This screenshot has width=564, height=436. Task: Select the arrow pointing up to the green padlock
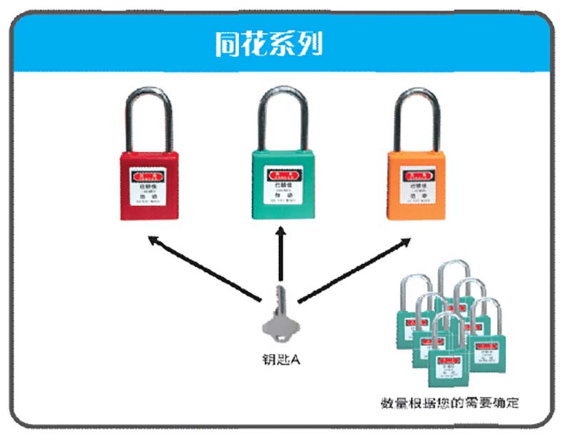coord(280,253)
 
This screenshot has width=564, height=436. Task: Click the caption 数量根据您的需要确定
coord(450,404)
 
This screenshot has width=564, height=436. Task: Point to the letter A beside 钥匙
coord(295,360)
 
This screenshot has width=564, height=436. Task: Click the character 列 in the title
coord(309,44)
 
